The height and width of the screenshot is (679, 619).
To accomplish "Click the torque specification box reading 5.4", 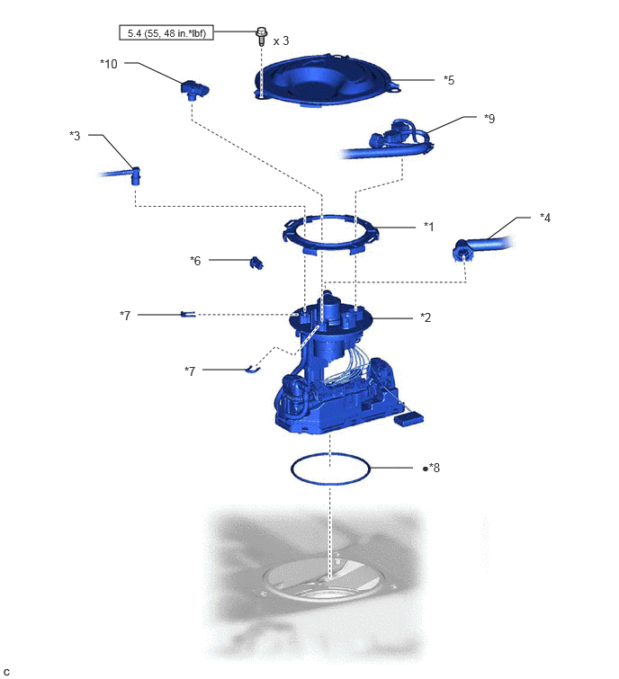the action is tap(166, 32).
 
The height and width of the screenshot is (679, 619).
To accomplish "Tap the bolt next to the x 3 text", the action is tap(261, 36).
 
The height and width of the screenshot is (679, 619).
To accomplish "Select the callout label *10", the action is tap(109, 64).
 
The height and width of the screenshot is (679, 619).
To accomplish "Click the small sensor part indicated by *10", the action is tap(194, 89).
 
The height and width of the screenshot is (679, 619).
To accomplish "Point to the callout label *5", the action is tap(449, 80).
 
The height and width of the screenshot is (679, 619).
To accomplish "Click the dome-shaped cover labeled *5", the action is tap(327, 80).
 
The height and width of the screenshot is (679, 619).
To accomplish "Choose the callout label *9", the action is tap(489, 118).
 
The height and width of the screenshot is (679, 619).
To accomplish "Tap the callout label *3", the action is tap(75, 136).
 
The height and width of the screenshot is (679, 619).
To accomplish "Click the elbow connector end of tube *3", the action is tap(136, 175).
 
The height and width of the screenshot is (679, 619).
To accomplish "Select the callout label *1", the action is tap(428, 226).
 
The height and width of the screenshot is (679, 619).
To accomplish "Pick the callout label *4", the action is tap(545, 218).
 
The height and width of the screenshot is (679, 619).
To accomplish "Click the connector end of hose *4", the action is tap(463, 250).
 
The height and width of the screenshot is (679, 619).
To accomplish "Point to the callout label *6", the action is tap(195, 260).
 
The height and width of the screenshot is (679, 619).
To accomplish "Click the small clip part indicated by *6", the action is tap(256, 263).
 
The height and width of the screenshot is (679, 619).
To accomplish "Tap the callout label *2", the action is tap(426, 317).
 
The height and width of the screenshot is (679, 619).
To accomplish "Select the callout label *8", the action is tap(434, 468).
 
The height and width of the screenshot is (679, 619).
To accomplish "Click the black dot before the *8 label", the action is tap(426, 469).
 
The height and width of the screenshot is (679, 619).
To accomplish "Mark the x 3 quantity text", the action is tap(281, 41).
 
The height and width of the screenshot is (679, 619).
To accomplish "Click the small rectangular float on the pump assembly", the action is tap(408, 418).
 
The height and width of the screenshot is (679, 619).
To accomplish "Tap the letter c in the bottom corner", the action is tap(6, 672).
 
